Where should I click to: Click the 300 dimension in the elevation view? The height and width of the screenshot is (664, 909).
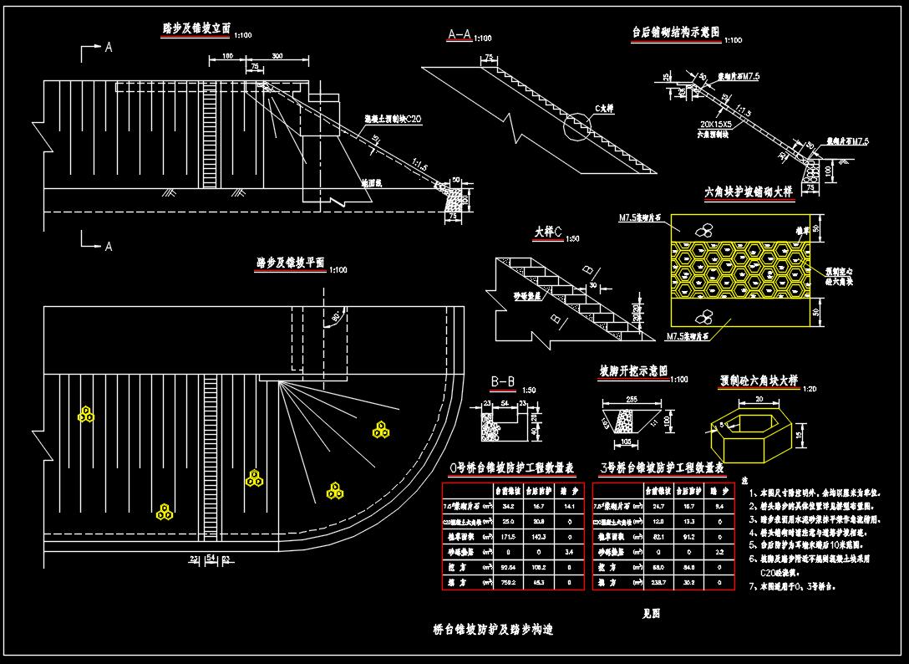(x=277, y=55)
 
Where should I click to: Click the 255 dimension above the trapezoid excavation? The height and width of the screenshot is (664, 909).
(x=632, y=399)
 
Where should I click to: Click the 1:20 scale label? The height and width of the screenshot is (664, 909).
(x=809, y=388)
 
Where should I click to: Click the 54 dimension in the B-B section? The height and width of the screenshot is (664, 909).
(x=505, y=404)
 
